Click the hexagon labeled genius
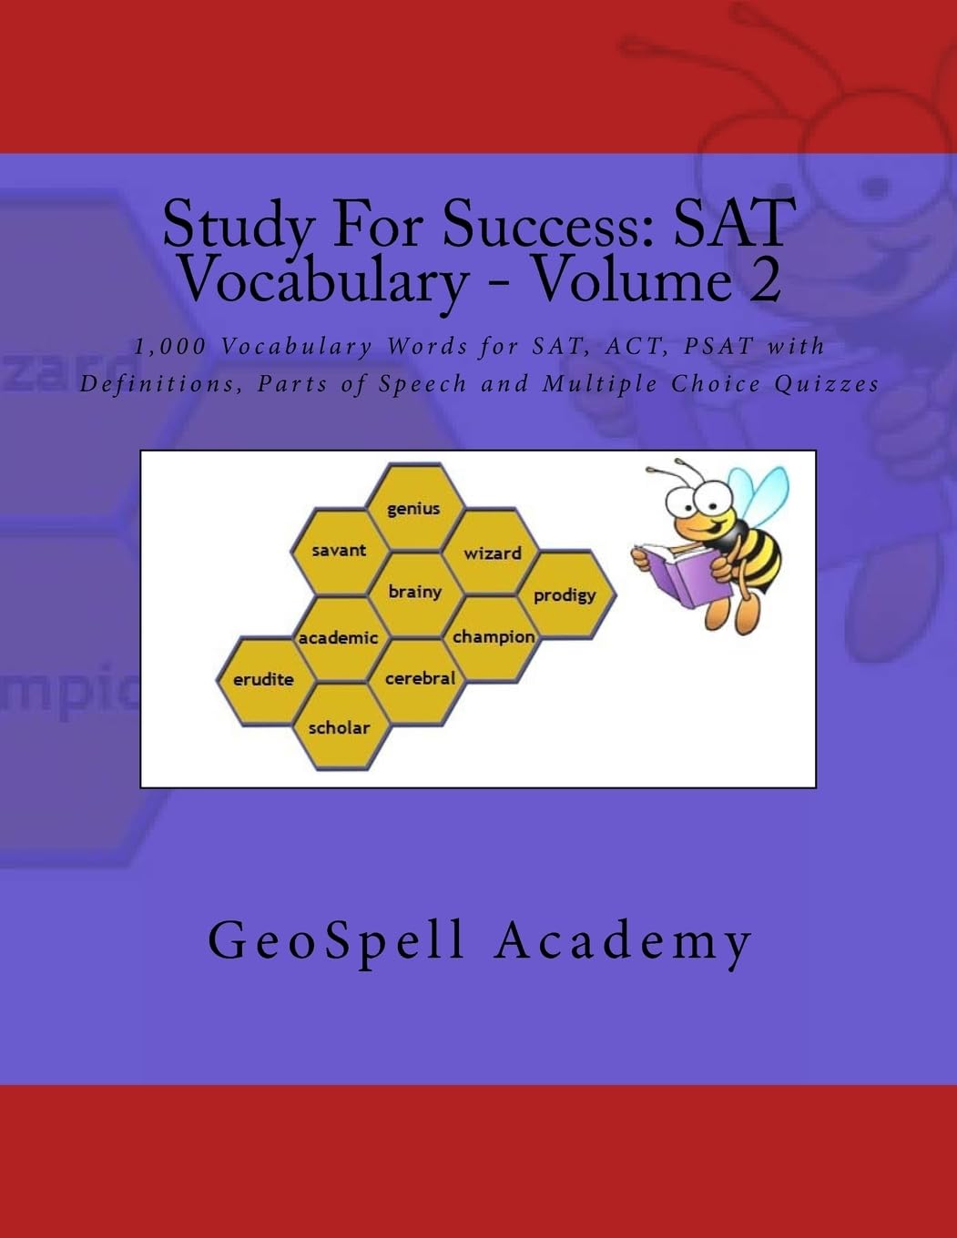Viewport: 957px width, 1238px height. pos(414,508)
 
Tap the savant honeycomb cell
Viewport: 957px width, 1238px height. pos(339,551)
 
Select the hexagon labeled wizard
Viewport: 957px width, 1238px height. pos(493,553)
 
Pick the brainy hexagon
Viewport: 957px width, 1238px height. pos(415,592)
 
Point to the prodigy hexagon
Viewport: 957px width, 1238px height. pos(565,595)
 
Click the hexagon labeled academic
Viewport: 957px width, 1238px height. pos(339,638)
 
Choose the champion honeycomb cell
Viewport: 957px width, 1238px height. pos(494,636)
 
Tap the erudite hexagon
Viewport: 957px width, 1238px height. pos(263,680)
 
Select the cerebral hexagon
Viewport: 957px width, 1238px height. pos(420,678)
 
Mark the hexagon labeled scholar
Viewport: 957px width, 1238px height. pos(339,727)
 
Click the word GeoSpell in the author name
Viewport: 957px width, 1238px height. pos(337,940)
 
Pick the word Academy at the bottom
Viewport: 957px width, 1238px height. pos(624,940)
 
